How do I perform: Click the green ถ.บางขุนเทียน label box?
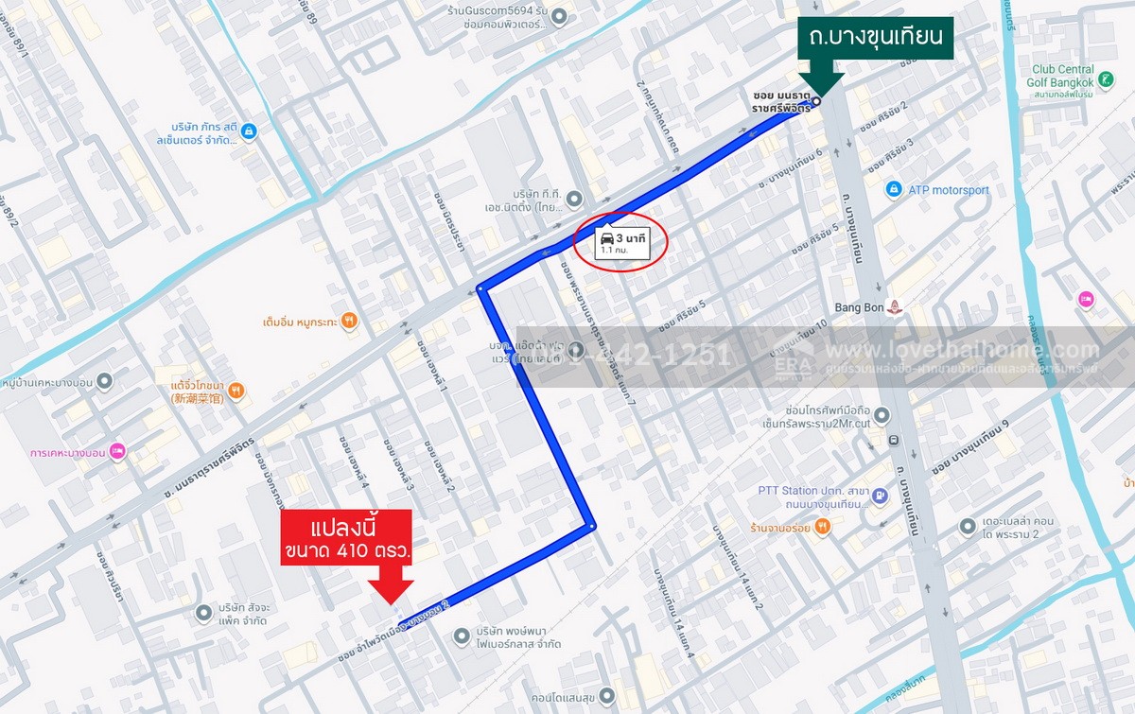click(x=874, y=38)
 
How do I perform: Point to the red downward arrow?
click(x=390, y=585)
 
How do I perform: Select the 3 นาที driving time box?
click(x=621, y=243)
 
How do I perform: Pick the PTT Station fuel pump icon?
click(x=880, y=495)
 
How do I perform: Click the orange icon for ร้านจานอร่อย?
click(x=822, y=526)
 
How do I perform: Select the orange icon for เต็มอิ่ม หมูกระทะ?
click(x=349, y=321)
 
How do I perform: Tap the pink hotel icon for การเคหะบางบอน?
click(x=116, y=451)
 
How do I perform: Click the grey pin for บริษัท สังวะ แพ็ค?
click(x=203, y=614)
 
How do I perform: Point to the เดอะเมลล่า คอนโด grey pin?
click(x=967, y=526)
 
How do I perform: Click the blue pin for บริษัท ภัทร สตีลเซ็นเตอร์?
click(x=248, y=131)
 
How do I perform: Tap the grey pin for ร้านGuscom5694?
click(x=559, y=16)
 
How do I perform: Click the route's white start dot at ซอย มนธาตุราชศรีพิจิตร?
click(x=815, y=101)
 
